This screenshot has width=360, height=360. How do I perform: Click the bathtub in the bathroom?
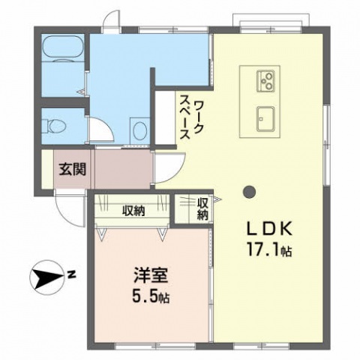tap(63, 46)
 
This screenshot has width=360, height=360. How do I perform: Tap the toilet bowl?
tap(55, 126)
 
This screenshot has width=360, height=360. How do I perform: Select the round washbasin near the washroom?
tap(139, 130)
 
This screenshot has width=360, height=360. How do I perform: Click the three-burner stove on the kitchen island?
tap(265, 81)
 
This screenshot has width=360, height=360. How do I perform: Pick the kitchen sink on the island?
tap(265, 119)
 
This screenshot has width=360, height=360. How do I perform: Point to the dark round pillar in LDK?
tap(249, 192)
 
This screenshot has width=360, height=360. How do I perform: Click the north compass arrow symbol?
tap(46, 277)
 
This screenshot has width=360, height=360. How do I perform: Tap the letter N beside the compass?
tap(72, 274)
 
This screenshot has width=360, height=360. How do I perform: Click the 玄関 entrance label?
tap(73, 169)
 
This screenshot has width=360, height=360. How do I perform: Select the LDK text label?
tap(269, 229)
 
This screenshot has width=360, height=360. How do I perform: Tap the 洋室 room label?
tap(151, 275)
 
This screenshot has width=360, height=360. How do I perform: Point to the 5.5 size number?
tap(145, 297)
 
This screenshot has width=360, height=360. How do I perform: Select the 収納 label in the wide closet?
tap(133, 211)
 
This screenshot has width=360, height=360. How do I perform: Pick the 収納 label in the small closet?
tap(202, 209)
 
